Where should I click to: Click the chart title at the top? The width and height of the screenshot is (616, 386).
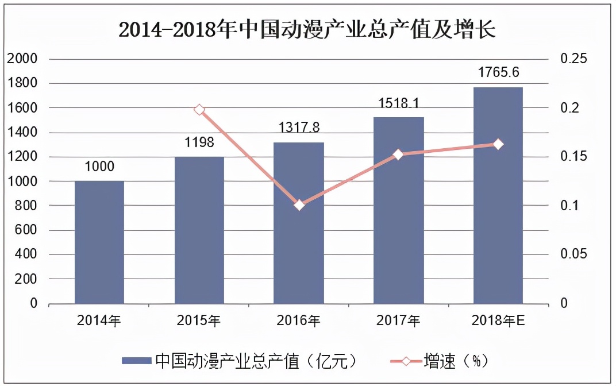pos(307,29)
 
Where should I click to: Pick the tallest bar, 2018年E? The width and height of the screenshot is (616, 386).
pos(498,195)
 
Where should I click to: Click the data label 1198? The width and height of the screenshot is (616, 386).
pos(199,142)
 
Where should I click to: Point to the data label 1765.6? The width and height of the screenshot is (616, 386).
pos(499,72)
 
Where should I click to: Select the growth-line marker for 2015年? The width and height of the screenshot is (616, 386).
pos(199,110)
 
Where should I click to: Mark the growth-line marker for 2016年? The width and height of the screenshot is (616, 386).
pos(299,204)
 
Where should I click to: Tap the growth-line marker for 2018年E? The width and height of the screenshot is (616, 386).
pos(498,144)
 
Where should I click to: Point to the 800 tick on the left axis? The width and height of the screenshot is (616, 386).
pos(26,206)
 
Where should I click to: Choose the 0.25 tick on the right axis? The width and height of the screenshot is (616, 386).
pos(573,59)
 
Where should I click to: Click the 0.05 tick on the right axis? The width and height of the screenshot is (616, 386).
pos(573,254)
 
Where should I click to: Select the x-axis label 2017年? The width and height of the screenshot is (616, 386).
pos(398,321)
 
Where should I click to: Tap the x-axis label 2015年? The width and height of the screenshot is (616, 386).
pos(199,321)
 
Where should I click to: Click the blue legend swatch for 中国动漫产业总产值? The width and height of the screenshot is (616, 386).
pos(137,361)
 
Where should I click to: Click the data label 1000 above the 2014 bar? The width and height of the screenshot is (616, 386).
pos(99,167)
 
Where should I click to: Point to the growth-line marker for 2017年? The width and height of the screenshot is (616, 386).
pos(398,155)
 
